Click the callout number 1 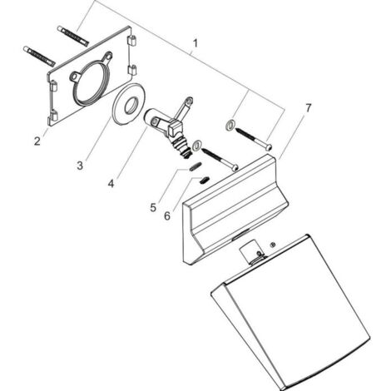[x=195, y=43]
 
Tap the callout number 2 [x=37, y=141]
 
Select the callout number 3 [x=80, y=166]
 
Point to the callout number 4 [x=111, y=183]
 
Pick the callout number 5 [x=153, y=207]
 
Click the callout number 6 [x=167, y=215]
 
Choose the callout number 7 [x=309, y=108]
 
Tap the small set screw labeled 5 [x=195, y=167]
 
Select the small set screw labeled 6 [x=205, y=180]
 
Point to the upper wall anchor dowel [x=73, y=36]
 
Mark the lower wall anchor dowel [x=39, y=57]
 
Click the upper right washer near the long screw [x=230, y=125]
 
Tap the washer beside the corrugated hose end [x=197, y=145]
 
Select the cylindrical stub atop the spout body [x=249, y=251]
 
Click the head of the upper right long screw [x=269, y=146]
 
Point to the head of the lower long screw [x=235, y=168]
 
